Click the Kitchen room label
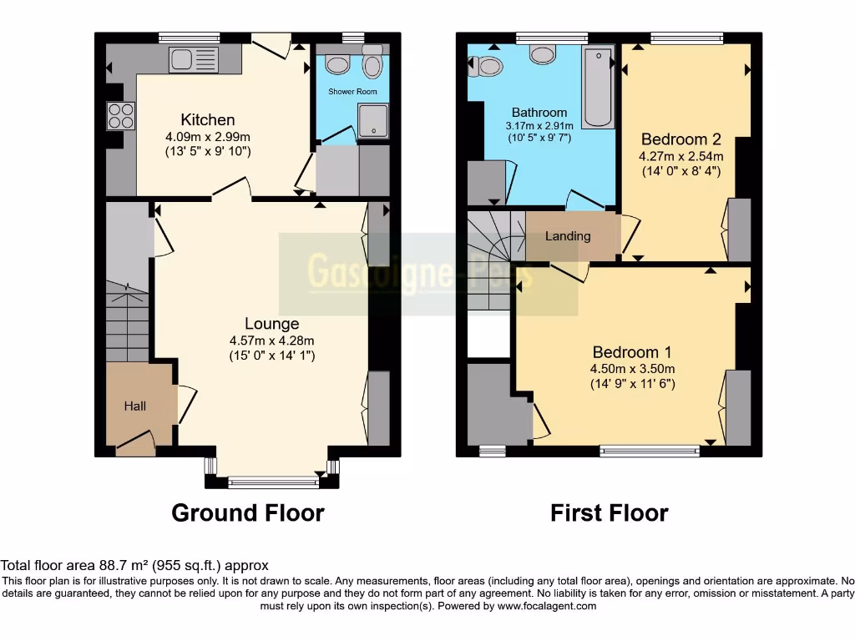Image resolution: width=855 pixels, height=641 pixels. tap(208, 120)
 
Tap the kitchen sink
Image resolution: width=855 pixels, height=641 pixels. tap(193, 59)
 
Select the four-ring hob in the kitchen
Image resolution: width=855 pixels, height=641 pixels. tap(120, 115)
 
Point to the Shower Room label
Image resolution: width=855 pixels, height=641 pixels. tap(352, 91)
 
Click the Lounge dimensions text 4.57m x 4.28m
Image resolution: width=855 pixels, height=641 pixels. tap(271, 341)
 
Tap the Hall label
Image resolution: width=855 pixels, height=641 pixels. tap(135, 406)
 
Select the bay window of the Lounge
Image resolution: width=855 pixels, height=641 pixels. tap(271, 481)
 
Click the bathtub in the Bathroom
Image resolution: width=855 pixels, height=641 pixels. tap(598, 88)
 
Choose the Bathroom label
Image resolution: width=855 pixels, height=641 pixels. tap(539, 112)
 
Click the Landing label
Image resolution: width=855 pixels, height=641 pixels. tap(568, 236)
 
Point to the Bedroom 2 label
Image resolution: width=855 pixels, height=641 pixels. tap(680, 139)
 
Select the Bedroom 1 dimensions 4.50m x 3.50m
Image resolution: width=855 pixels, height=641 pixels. tap(634, 369)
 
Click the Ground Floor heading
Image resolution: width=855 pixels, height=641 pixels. tap(248, 512)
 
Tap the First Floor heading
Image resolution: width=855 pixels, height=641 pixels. tap(610, 512)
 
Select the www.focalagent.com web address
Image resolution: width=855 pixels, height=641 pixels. tap(547, 606)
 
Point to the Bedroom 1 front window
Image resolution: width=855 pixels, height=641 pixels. tap(650, 452)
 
